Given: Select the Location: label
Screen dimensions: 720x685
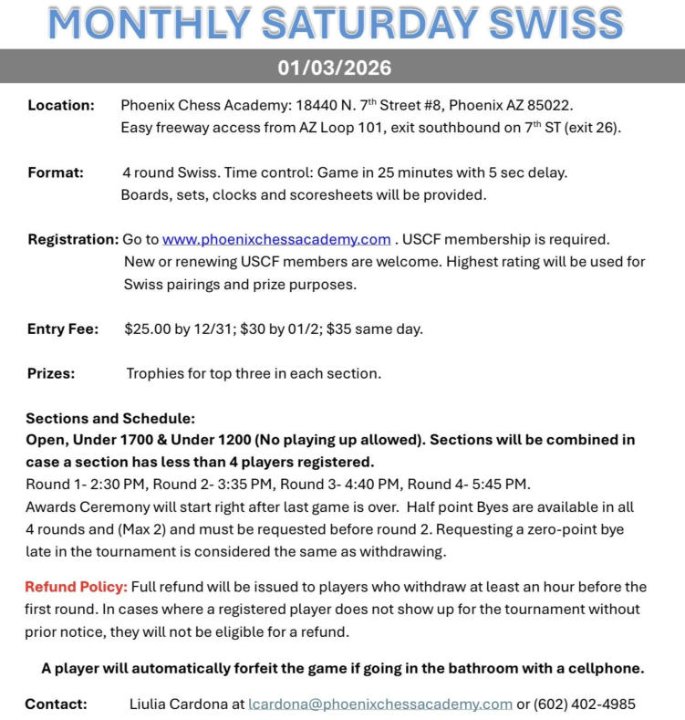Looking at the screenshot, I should point(61,105).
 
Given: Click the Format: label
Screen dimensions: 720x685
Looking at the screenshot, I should point(56,172).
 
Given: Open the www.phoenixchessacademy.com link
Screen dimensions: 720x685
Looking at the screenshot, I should point(276,240).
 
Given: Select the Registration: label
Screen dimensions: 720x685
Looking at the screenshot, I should point(73,240).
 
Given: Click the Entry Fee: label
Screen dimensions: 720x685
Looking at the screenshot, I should point(63,329).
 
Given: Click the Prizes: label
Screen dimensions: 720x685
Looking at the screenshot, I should point(51,373).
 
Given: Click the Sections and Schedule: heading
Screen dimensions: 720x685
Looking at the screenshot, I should point(110,418).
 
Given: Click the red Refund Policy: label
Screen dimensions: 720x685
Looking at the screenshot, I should point(77,586).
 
